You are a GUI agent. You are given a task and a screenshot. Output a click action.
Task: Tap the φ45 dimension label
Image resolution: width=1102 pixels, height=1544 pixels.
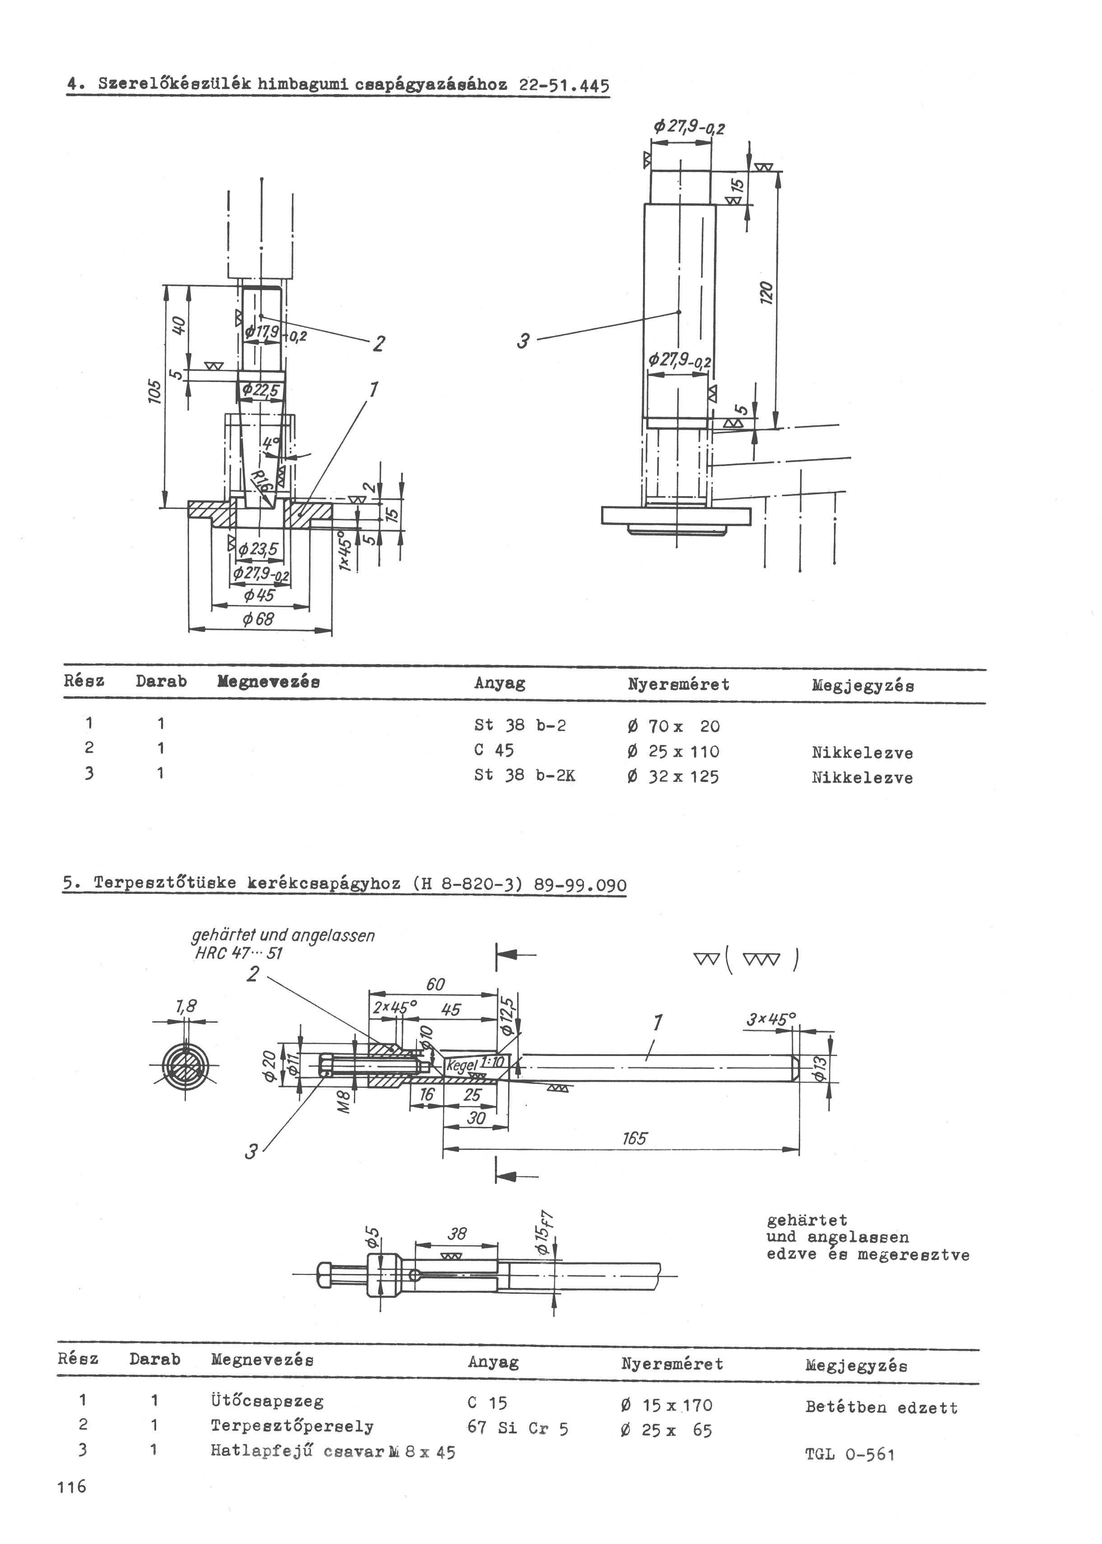tap(259, 595)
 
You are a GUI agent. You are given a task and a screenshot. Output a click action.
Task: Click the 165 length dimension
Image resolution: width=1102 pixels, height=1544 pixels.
tap(634, 1138)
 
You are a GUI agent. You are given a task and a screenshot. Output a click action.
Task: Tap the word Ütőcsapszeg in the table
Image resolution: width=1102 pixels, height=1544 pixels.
tap(267, 1401)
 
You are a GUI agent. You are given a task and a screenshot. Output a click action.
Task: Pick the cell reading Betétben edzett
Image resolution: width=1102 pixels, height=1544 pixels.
tap(881, 1402)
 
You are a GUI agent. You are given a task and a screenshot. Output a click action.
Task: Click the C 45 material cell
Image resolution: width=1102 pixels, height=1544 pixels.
tap(494, 750)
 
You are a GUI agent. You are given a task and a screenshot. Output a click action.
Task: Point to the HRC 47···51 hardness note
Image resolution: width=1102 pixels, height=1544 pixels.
tap(239, 953)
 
